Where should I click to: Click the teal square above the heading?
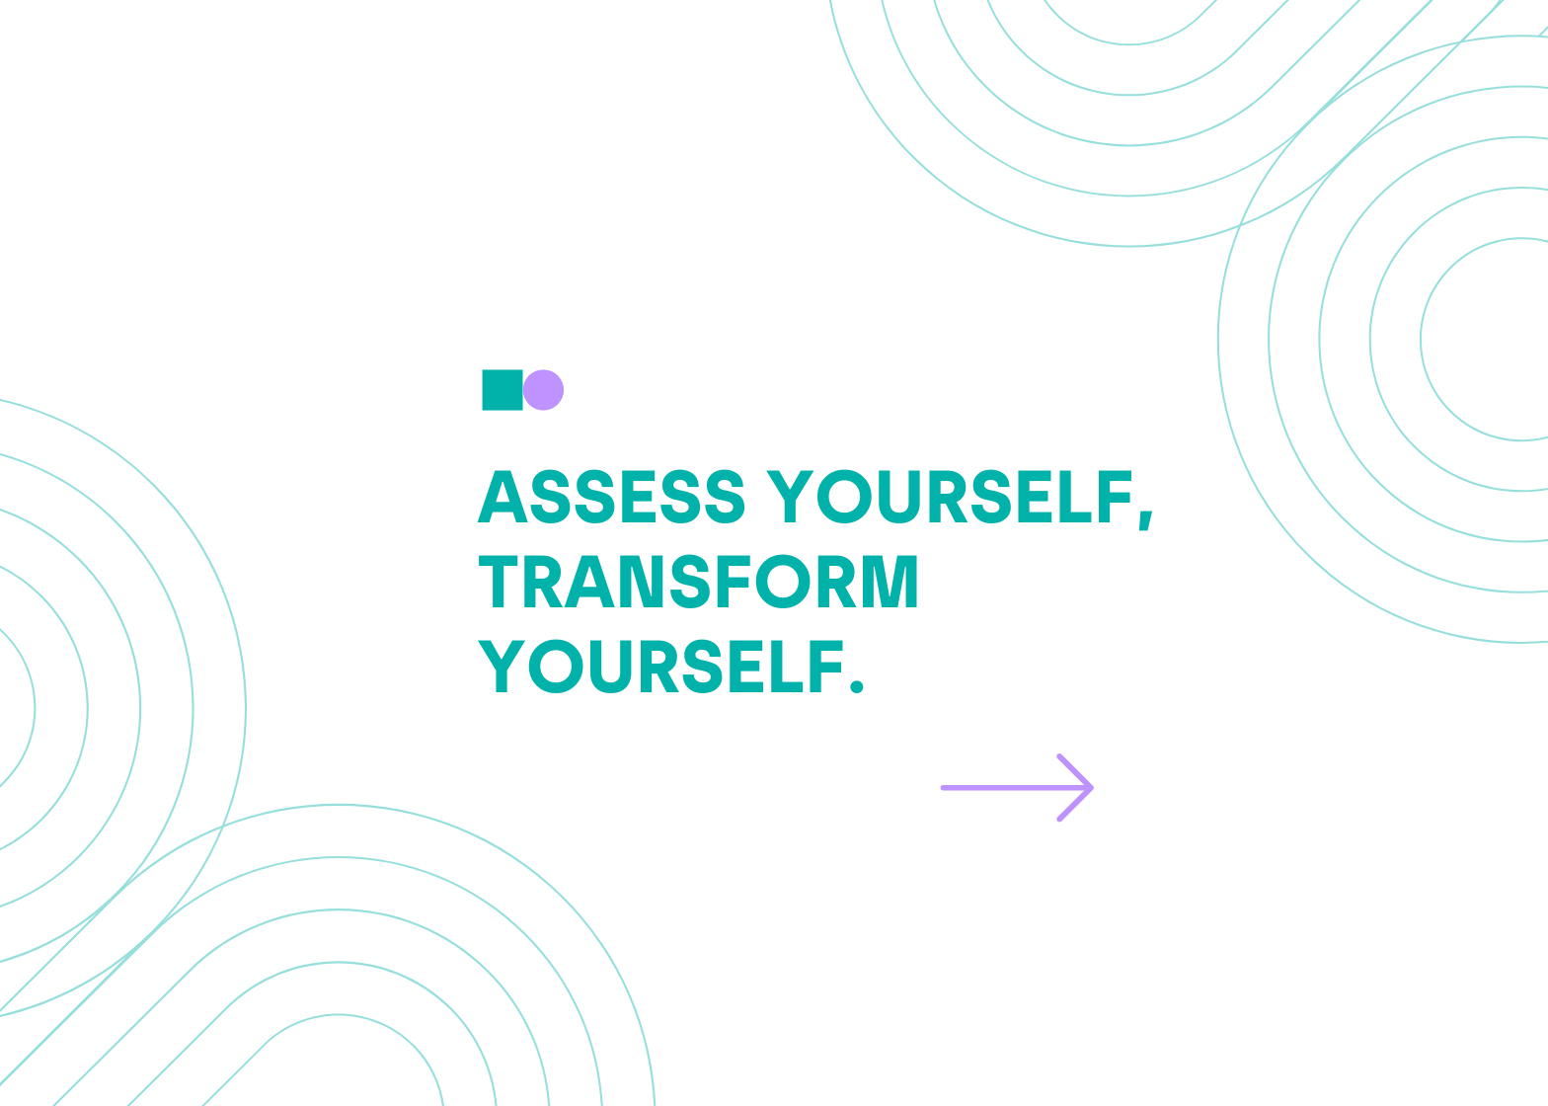coord(503,390)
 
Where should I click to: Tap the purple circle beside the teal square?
coord(543,390)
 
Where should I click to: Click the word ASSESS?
coord(612,497)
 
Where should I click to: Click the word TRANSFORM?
coord(698,582)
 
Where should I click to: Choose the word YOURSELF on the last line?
coord(661,666)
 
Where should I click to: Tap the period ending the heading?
coord(857,685)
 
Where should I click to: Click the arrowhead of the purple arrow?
coord(1076,787)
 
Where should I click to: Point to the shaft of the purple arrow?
coord(1016,787)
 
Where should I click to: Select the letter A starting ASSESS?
coord(503,497)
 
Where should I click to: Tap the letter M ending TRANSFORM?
coord(894,582)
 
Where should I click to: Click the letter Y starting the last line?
coord(502,666)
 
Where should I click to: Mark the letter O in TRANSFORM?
coord(783,582)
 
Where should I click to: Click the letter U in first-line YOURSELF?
coord(898,497)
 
